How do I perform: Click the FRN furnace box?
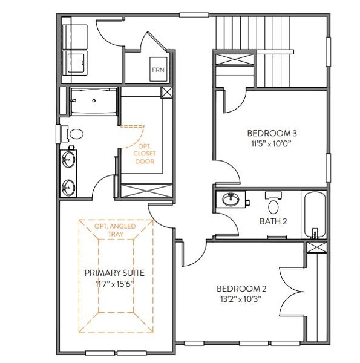coord(159,69)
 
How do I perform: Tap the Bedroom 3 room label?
coord(272,133)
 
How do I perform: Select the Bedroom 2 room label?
coord(241,289)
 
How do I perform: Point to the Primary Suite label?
coord(114,273)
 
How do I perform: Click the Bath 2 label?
coord(273,221)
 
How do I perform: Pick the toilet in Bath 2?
coord(273,204)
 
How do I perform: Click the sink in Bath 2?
coord(231,199)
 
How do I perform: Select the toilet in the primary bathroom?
coord(74,134)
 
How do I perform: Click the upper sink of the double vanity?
coord(68,159)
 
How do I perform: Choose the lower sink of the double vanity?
coord(68,188)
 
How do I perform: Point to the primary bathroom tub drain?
coord(94,100)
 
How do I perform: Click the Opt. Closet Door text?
coord(145,154)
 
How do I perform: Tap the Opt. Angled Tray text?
coord(115,230)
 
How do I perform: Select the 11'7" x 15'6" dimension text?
coord(115,284)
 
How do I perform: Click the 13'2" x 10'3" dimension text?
coord(241,299)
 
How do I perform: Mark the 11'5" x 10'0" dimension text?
coord(271,144)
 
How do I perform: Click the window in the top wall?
coord(194,15)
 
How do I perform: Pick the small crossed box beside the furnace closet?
coord(167,93)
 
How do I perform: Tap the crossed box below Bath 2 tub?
coord(316,247)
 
